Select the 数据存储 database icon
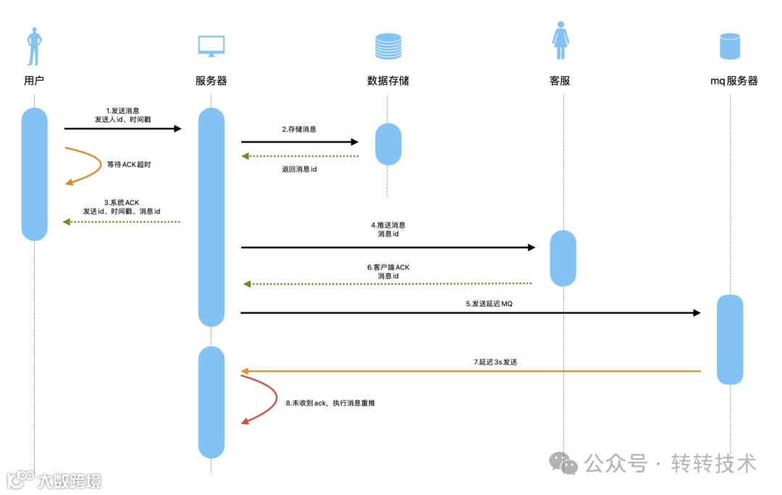click(x=388, y=46)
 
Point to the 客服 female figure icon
click(x=560, y=43)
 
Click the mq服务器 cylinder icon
click(x=730, y=46)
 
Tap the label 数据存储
click(x=388, y=80)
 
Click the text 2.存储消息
click(x=299, y=129)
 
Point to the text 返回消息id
click(x=299, y=170)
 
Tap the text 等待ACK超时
click(x=129, y=165)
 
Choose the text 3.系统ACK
click(x=122, y=201)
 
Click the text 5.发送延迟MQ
click(x=489, y=304)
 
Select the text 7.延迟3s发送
click(x=495, y=362)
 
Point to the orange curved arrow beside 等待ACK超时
click(x=91, y=165)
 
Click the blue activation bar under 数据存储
click(x=388, y=144)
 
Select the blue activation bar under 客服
click(x=563, y=258)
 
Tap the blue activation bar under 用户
click(x=34, y=174)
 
